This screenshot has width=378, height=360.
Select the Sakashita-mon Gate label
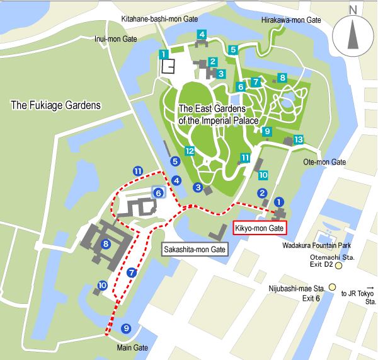tap(195, 250)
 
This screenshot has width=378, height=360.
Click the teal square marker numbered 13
tap(299, 139)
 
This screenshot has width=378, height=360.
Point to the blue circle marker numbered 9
tap(126, 328)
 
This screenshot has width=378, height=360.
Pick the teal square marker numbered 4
tap(202, 34)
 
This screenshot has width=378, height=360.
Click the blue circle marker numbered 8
tap(106, 244)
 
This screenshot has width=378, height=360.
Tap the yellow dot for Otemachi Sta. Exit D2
tap(338, 266)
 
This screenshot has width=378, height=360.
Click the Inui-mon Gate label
tap(116, 38)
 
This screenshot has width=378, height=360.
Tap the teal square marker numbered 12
tap(189, 151)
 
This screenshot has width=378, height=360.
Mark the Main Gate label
tap(132, 347)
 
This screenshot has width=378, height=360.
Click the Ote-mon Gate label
tap(326, 162)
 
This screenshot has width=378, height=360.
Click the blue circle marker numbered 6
tap(159, 193)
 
